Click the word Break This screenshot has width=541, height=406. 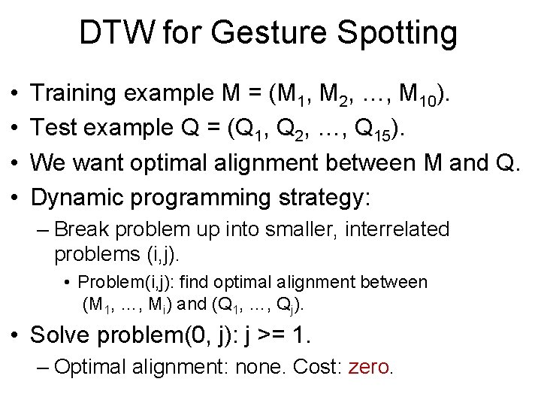click(80, 229)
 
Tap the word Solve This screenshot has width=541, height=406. click(61, 334)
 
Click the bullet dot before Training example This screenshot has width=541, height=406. click(16, 94)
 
